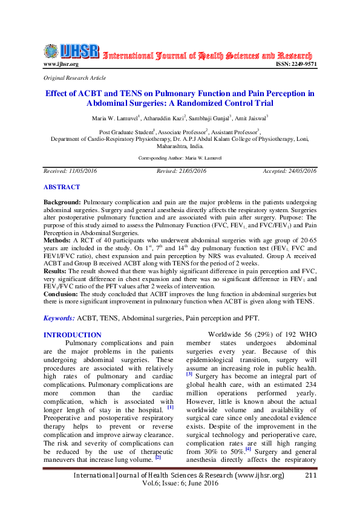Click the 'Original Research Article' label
pyautogui.click(x=75, y=78)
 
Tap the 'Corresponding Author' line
pyautogui.click(x=180, y=157)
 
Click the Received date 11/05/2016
pyautogui.click(x=70, y=171)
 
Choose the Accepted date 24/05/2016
pyautogui.click(x=290, y=171)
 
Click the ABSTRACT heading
pyautogui.click(x=62, y=187)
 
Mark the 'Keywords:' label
pyautogui.click(x=59, y=318)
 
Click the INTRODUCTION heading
pyautogui.click(x=73, y=335)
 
